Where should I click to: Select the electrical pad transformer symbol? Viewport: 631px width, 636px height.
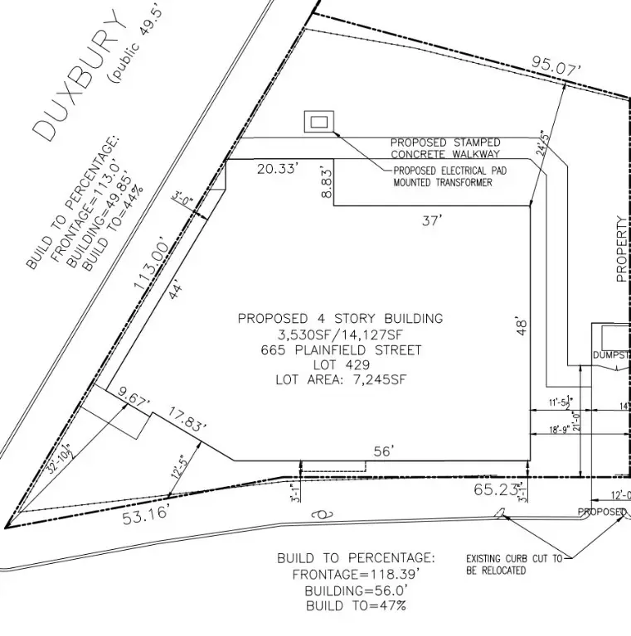click(x=318, y=123)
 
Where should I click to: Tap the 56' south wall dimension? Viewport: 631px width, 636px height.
click(x=383, y=451)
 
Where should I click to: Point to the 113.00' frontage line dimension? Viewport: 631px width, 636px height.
click(x=155, y=264)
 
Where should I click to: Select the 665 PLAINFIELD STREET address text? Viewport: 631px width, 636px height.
click(x=340, y=349)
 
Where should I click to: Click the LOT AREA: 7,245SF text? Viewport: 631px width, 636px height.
click(x=340, y=380)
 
